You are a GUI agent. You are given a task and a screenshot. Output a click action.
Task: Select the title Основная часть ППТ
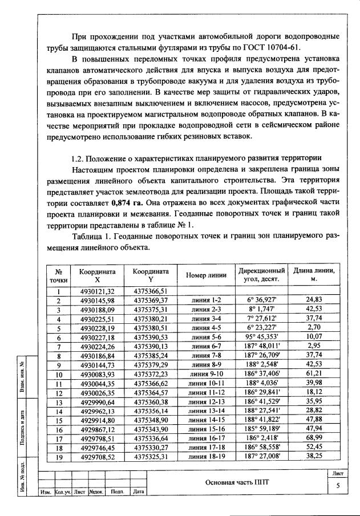pos(236,482)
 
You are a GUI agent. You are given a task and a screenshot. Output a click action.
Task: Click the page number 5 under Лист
pos(337,486)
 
